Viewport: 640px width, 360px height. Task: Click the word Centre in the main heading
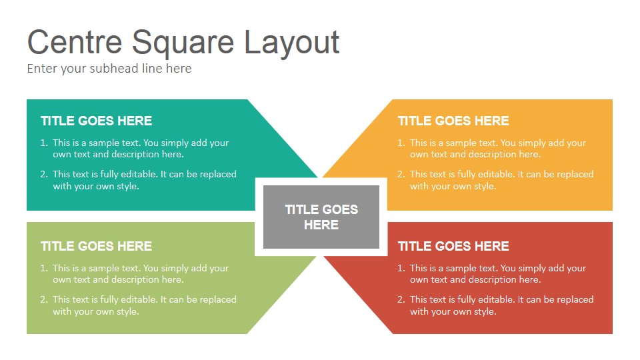75,41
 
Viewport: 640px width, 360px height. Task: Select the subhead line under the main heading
109,69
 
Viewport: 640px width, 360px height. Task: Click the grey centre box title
321,217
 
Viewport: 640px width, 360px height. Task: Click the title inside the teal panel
96,121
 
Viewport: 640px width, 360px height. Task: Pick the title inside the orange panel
453,121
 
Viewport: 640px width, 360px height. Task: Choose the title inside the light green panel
96,246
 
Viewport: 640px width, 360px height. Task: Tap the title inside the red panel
453,246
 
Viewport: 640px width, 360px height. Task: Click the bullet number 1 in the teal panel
44,143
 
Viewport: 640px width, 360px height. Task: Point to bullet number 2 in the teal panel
44,174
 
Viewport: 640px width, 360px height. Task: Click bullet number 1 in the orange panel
401,143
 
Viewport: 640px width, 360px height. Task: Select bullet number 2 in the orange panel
401,174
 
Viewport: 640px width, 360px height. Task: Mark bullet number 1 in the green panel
44,268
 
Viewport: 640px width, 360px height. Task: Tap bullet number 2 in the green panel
44,299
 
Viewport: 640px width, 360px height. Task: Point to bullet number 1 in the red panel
401,268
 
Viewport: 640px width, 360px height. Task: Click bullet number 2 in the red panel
401,299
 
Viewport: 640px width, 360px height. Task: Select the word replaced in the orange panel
576,175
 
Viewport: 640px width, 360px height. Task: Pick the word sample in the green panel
101,269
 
